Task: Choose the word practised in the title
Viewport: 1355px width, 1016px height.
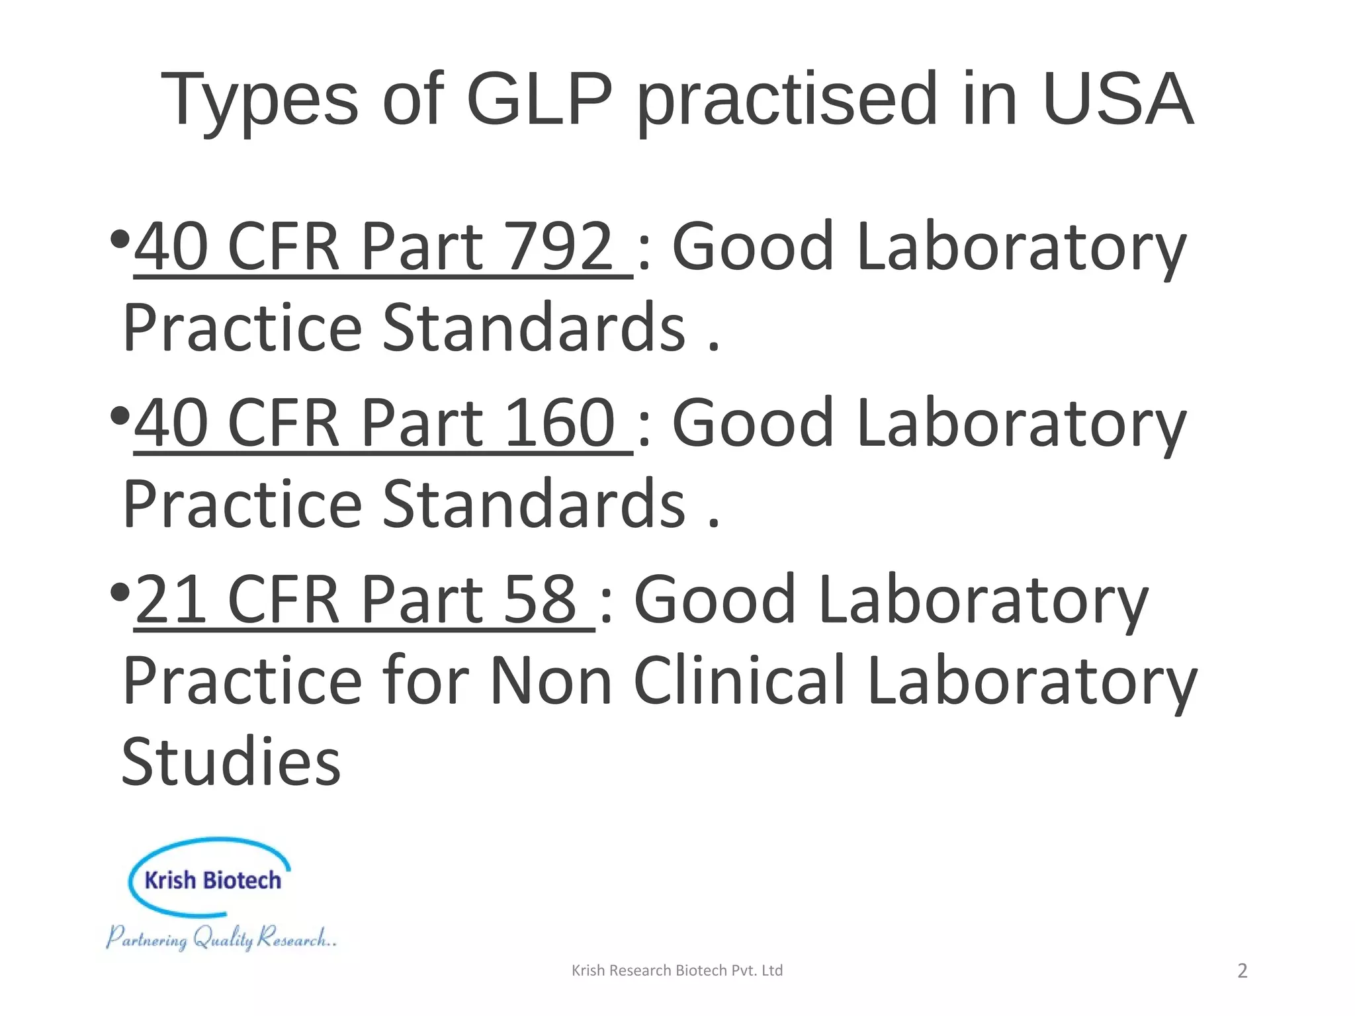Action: pos(787,101)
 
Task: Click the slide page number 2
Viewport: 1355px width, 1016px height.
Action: pos(1242,970)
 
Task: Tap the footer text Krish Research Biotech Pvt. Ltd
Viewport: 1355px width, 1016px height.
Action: pos(677,970)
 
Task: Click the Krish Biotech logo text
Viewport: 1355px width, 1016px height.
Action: pos(212,880)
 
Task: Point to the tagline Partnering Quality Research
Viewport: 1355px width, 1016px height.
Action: pos(222,938)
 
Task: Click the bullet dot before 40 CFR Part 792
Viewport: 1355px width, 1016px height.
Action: pos(120,239)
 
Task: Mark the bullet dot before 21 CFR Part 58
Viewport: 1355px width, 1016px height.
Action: pos(120,592)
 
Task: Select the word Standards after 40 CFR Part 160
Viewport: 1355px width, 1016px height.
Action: pos(534,504)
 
